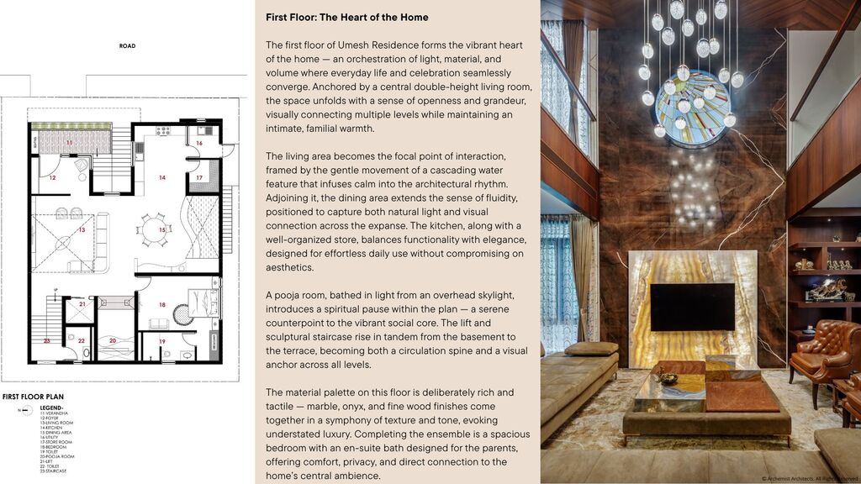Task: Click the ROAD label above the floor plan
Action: (127, 46)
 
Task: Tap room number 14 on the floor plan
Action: (162, 177)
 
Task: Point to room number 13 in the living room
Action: (82, 229)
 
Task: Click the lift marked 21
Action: (81, 305)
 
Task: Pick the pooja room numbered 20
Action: (114, 340)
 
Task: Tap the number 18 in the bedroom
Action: (162, 304)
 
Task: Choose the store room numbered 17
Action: (199, 178)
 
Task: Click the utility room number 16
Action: (199, 144)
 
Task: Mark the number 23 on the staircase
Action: (47, 340)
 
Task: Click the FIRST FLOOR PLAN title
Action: (33, 397)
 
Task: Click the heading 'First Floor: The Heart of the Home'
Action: (346, 18)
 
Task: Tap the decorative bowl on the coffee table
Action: (668, 379)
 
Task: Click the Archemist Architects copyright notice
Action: (810, 477)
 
